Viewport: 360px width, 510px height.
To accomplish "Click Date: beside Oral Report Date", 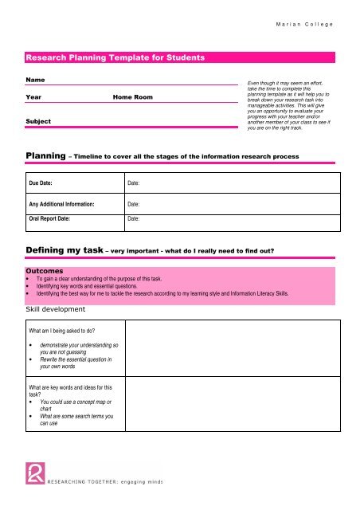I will coord(135,218).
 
